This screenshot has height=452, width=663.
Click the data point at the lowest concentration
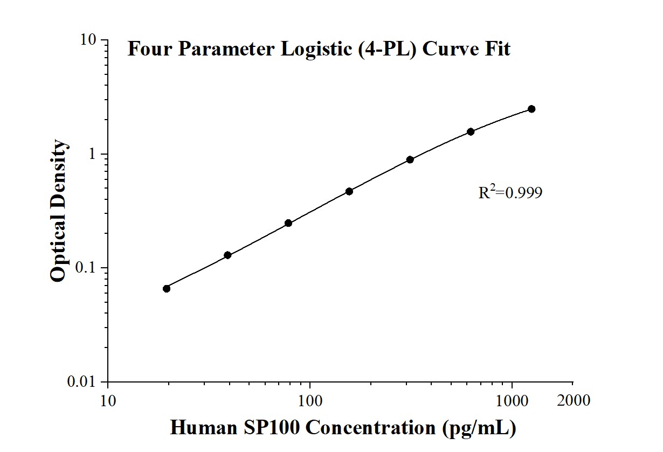tap(167, 289)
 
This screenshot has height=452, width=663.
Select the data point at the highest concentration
tap(531, 109)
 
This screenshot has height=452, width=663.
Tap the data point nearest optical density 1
tap(410, 159)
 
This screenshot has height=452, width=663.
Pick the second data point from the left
tap(227, 255)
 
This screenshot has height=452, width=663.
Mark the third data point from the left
tap(288, 223)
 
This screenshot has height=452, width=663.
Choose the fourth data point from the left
tap(349, 191)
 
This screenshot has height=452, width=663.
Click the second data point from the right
tap(471, 131)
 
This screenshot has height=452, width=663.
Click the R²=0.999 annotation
tap(510, 192)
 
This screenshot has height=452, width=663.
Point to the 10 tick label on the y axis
tap(89, 40)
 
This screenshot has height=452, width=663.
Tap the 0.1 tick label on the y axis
tap(86, 268)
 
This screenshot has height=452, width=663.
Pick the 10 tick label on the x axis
tap(108, 401)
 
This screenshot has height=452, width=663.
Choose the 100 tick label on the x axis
tap(310, 401)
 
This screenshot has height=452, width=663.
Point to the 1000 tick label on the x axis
tap(512, 401)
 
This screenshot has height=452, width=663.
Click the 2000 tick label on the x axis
tap(572, 401)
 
